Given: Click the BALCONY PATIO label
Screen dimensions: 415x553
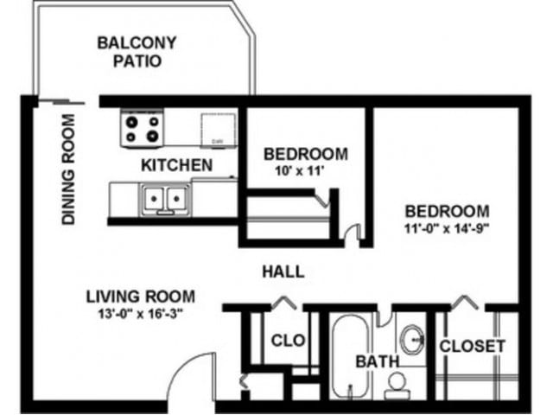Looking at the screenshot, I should tap(137, 52).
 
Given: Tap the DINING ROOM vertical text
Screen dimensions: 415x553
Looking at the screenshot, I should tap(69, 169).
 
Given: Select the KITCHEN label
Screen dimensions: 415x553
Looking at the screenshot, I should tap(176, 164).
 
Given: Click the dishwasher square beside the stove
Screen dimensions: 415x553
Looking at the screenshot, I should tap(216, 130).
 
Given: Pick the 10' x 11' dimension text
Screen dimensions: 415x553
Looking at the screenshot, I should tap(305, 172).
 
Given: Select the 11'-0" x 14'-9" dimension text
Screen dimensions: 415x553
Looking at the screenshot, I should tap(448, 229).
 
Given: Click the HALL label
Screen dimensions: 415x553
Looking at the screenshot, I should tap(283, 271).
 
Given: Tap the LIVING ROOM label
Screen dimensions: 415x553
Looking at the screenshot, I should tap(140, 296).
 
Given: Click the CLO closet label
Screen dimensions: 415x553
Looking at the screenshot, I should tap(288, 341).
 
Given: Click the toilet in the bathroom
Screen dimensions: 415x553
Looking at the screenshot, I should tap(397, 381).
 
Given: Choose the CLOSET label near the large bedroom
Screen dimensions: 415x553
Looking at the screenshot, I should tap(472, 346).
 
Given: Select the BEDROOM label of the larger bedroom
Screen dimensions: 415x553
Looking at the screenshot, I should tap(448, 211).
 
